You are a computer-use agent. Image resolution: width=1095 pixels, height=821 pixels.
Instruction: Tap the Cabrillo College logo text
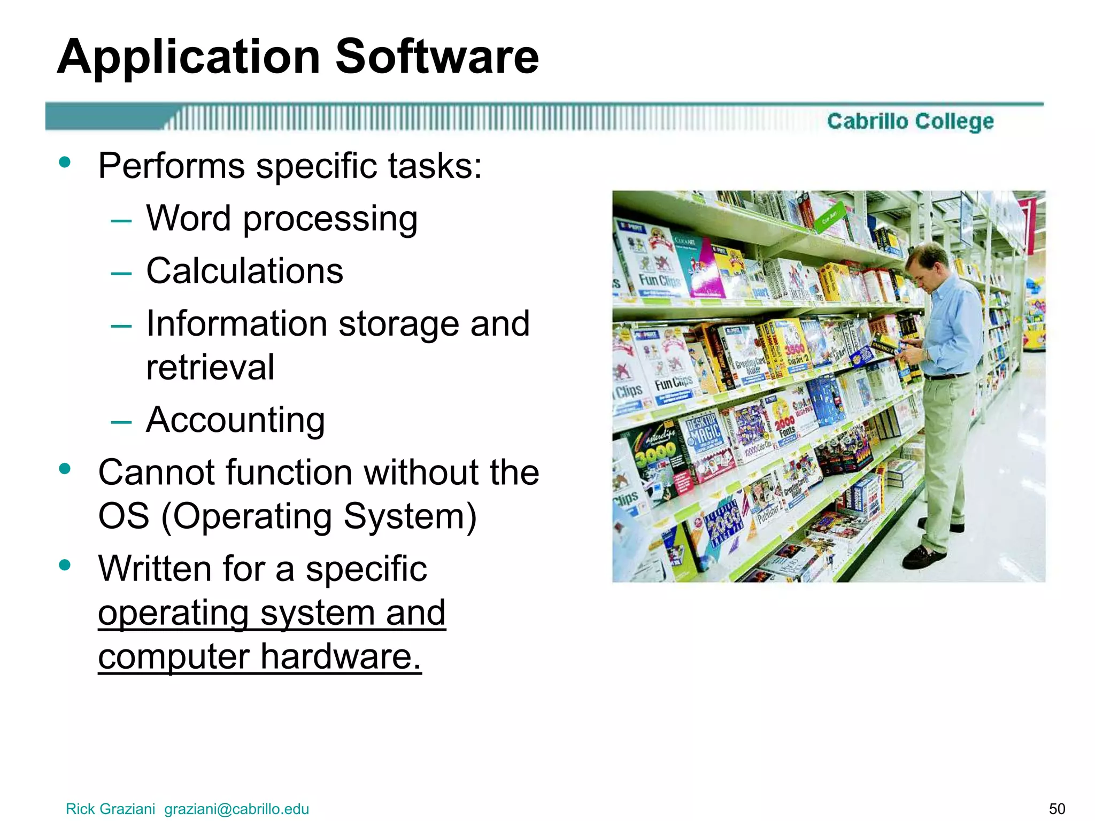(x=910, y=121)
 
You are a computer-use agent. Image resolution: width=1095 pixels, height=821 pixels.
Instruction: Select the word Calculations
(x=244, y=271)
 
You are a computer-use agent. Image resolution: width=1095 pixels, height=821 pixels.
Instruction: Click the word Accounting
(x=235, y=420)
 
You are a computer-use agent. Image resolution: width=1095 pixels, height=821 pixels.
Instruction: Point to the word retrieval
(x=210, y=367)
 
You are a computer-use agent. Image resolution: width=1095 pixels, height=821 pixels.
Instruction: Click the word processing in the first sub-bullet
(x=330, y=219)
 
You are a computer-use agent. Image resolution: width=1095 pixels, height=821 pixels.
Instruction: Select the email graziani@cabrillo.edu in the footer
(x=236, y=809)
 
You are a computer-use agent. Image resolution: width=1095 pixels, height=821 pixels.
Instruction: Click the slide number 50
(x=1057, y=809)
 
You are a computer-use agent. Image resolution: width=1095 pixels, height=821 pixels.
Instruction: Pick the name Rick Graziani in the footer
(x=110, y=809)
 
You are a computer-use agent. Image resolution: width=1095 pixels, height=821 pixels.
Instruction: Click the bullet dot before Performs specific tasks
(x=65, y=162)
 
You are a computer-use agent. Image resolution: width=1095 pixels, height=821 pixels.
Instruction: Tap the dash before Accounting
(x=121, y=422)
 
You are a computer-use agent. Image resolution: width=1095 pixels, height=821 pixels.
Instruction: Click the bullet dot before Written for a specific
(x=65, y=565)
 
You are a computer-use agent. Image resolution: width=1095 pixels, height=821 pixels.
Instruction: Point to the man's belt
(x=946, y=376)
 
